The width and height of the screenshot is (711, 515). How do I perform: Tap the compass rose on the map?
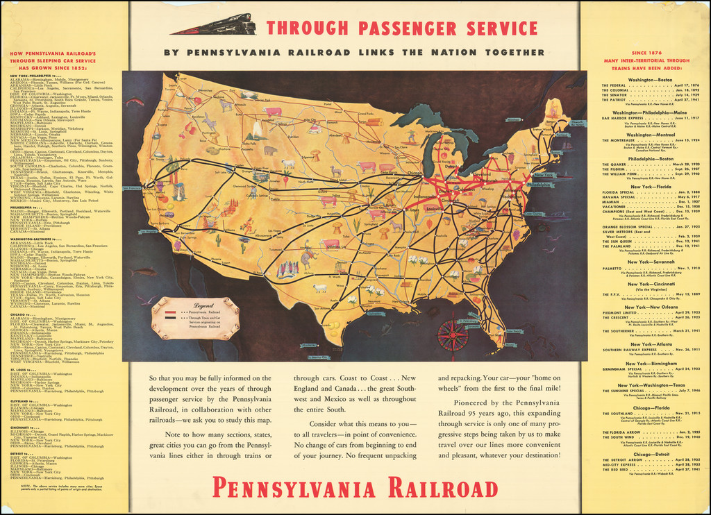(x=452, y=335)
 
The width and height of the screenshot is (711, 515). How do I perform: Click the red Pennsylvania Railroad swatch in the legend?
(x=171, y=313)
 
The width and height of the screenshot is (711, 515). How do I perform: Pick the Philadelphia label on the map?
(x=539, y=185)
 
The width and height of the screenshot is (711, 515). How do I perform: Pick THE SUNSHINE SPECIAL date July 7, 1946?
(x=679, y=391)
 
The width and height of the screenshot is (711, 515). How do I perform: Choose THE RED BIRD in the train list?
(x=614, y=469)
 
